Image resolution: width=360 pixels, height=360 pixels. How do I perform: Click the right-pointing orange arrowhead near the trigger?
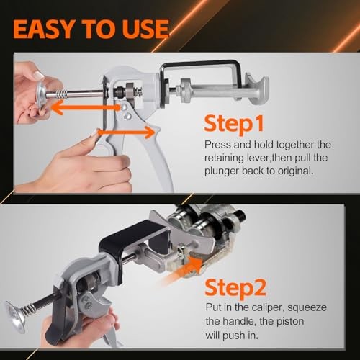tap(150, 130)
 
